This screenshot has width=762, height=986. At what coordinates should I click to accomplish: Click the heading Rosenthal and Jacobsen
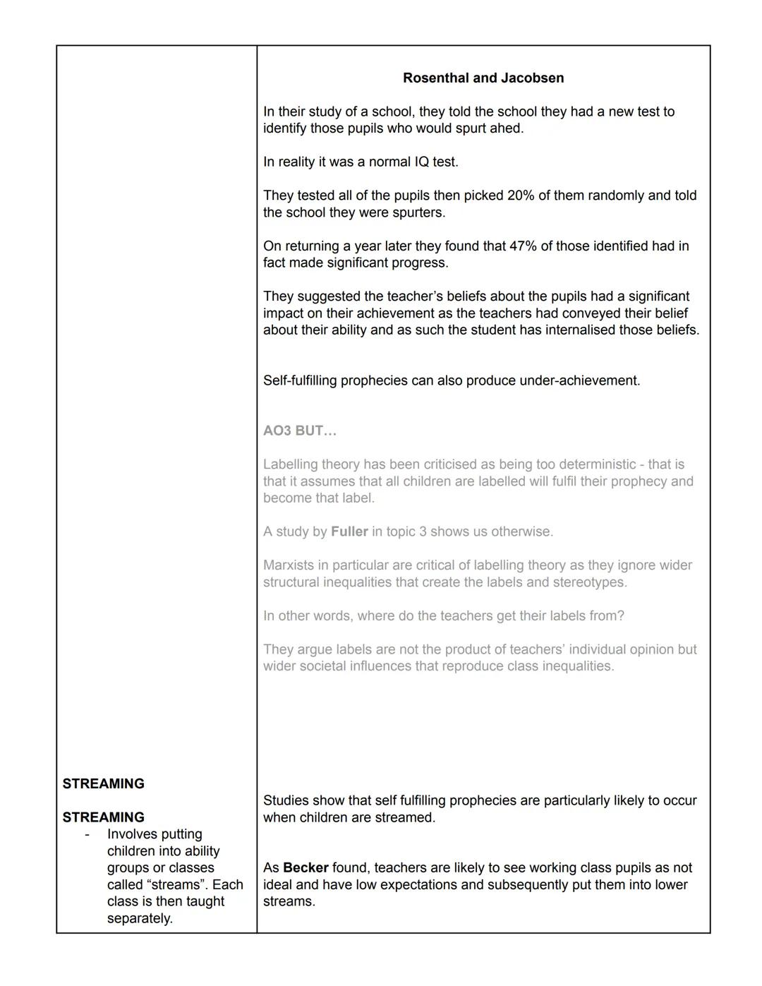483,78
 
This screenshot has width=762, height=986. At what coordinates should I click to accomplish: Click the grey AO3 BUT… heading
300,431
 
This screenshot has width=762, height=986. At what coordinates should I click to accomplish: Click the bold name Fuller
349,532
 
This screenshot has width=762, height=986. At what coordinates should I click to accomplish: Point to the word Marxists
291,565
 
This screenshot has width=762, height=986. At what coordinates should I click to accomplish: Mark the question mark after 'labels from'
621,616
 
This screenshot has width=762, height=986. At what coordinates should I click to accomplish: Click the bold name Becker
306,868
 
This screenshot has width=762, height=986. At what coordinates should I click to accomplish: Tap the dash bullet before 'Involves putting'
87,835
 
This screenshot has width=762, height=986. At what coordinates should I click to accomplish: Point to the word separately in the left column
140,919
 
